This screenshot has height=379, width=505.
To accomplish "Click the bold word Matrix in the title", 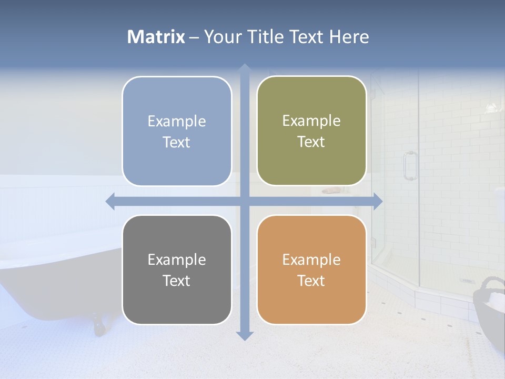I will pyautogui.click(x=156, y=37).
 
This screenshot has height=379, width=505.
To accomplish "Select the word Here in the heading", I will pyautogui.click(x=349, y=37).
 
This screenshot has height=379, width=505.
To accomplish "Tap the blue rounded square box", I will pyautogui.click(x=177, y=131).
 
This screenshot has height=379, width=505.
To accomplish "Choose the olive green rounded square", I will pyautogui.click(x=311, y=131).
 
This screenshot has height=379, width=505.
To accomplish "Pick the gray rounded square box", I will pyautogui.click(x=177, y=270).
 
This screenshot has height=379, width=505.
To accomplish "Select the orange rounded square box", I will pyautogui.click(x=311, y=270).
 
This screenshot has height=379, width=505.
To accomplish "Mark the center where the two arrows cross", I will pyautogui.click(x=244, y=201).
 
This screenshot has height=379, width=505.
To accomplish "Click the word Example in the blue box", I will pyautogui.click(x=177, y=121).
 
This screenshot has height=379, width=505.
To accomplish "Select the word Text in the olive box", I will pyautogui.click(x=311, y=142).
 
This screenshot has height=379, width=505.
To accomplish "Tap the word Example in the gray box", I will pyautogui.click(x=177, y=260).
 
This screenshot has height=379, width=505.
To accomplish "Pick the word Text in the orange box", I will pyautogui.click(x=311, y=281).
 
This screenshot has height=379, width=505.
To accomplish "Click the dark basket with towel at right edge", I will pyautogui.click(x=490, y=311).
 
